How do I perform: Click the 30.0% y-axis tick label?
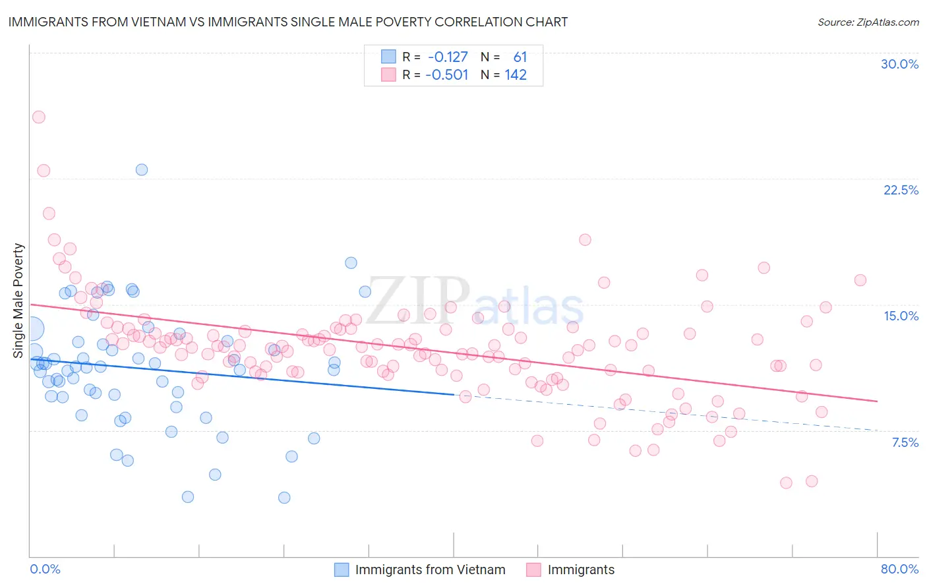coord(899,64)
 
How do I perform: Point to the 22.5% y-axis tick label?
coord(901,190)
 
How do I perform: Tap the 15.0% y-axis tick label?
coord(901,316)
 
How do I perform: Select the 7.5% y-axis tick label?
coord(905,442)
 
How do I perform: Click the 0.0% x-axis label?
coord(45,569)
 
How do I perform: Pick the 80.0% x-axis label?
coord(899,569)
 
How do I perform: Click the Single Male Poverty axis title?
coord(18,301)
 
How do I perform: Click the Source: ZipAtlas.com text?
coord(868,22)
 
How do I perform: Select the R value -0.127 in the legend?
coord(448,57)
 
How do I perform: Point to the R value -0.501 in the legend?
coord(448,74)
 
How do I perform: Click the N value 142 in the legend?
coord(516,74)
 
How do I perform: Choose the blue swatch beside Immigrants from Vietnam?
coord(342,570)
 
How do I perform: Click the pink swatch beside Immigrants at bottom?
coord(533,570)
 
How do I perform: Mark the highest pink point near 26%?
coord(38,117)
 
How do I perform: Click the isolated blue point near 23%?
coord(142,169)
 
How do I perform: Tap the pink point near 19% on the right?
coord(585,239)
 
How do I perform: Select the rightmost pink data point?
coord(860,280)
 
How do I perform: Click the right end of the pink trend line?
coord(877,401)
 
